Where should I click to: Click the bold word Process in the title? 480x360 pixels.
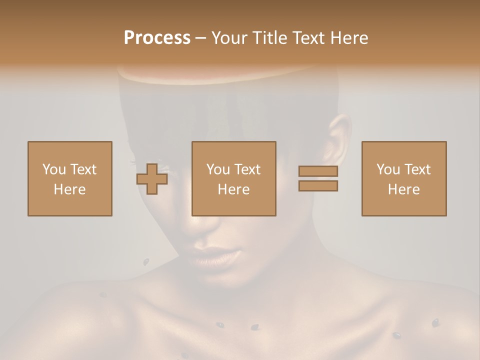coord(157,38)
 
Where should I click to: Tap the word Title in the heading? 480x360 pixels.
coord(270,38)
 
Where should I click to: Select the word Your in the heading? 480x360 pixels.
coord(231,38)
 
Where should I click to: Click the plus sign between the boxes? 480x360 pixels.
coord(152,178)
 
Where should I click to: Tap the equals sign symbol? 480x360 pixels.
coord(318,178)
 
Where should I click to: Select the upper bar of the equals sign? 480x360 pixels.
coord(318,171)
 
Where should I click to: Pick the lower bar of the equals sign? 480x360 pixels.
coord(318,186)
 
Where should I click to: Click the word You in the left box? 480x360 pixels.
coord(54,169)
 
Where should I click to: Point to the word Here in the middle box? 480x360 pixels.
coord(234,189)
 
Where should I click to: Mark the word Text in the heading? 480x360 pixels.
coord(308,38)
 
